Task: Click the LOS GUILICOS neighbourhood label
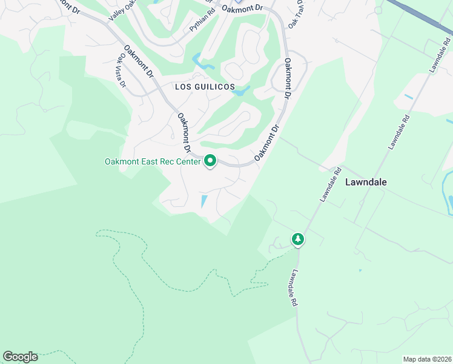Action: click(x=205, y=87)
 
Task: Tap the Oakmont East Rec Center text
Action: click(x=153, y=161)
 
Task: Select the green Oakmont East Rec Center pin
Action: click(x=210, y=161)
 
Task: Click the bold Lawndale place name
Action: click(x=366, y=182)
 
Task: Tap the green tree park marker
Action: click(x=297, y=239)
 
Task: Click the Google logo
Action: click(x=20, y=357)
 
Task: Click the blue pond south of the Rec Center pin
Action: click(x=203, y=201)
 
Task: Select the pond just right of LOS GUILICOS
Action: click(x=242, y=92)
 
